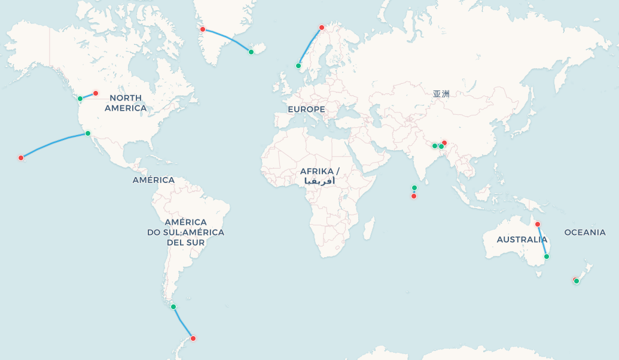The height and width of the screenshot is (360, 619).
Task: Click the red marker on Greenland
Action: tap(203, 29)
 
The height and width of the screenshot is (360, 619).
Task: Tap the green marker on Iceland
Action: tap(251, 52)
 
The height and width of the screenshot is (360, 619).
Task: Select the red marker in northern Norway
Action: tap(322, 28)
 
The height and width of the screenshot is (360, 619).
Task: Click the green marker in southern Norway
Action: tap(298, 66)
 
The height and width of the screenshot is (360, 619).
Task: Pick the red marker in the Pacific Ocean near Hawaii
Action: tap(21, 158)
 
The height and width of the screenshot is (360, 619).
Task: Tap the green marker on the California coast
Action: tap(88, 133)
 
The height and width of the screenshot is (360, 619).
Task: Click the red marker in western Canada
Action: tap(96, 93)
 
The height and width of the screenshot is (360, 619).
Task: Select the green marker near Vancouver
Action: tap(80, 99)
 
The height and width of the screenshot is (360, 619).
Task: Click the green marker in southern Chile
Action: tap(173, 307)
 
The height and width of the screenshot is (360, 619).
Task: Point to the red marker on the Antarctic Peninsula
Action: tap(193, 338)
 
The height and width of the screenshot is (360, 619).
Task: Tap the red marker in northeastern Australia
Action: tap(538, 224)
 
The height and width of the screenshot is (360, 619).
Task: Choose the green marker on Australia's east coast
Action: tap(547, 257)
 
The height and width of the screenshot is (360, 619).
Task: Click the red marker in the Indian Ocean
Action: tap(414, 196)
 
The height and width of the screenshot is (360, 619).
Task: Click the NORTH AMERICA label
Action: tap(126, 103)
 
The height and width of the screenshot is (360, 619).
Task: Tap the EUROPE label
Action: tap(306, 109)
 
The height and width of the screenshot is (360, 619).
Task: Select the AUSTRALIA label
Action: tap(522, 240)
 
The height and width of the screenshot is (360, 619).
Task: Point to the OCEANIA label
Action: tap(584, 233)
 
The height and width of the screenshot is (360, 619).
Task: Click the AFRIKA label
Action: tap(319, 172)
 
